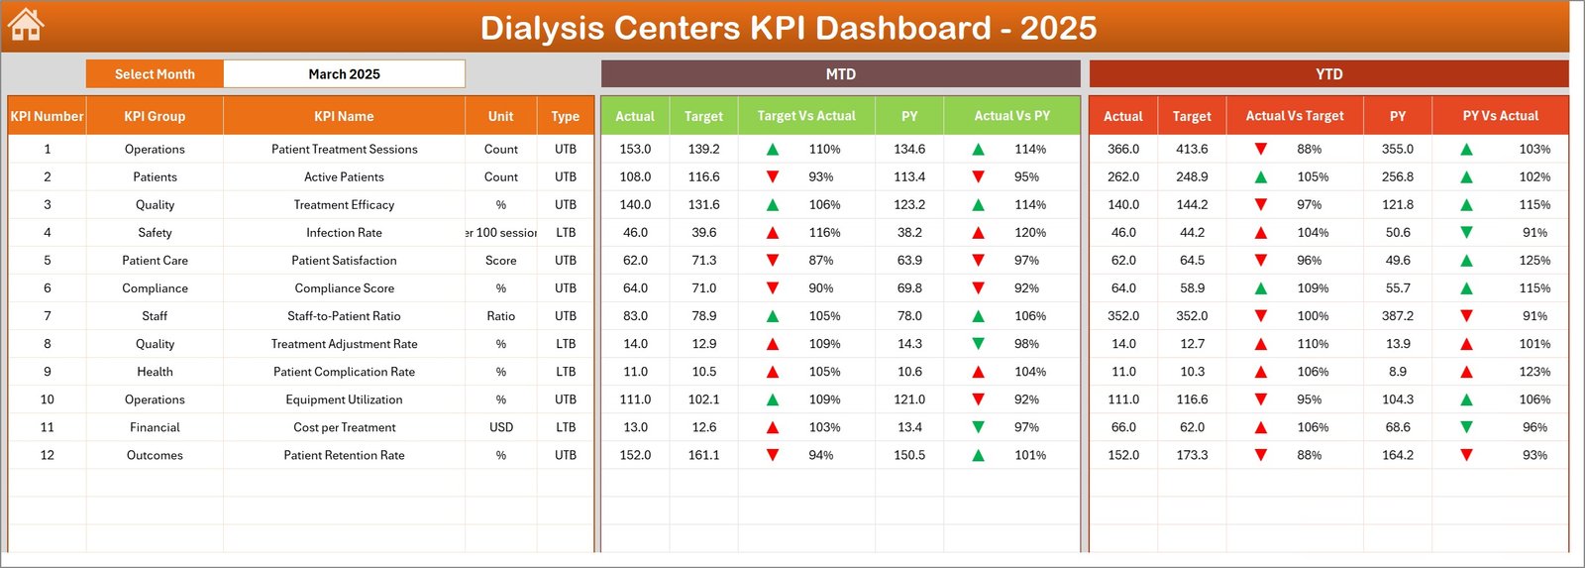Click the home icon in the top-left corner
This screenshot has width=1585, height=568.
[26, 25]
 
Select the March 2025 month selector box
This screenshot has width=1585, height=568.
[344, 74]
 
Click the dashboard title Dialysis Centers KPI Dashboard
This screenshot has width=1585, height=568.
[788, 28]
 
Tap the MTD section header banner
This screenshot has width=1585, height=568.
[840, 74]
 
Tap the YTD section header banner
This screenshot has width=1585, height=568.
[1328, 74]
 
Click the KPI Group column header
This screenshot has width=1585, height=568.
[155, 116]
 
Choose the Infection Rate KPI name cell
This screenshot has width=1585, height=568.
[344, 233]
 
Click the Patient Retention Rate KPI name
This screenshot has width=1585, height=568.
[344, 456]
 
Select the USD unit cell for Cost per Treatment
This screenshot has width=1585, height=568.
[500, 428]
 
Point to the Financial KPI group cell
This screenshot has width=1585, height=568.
[155, 428]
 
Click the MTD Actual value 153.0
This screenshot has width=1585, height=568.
[635, 150]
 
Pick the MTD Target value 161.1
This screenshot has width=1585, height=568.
[703, 456]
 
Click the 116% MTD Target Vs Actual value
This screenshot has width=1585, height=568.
[824, 233]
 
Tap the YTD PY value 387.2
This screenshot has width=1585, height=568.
[1397, 316]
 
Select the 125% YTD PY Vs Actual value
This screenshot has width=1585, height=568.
[1534, 261]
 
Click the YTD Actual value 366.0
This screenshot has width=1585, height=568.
[1122, 150]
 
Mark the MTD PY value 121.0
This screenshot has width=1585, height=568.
[909, 400]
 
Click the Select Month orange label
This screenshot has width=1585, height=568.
[155, 74]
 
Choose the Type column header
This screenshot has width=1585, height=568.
[565, 116]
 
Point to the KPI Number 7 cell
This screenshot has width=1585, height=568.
[47, 316]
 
